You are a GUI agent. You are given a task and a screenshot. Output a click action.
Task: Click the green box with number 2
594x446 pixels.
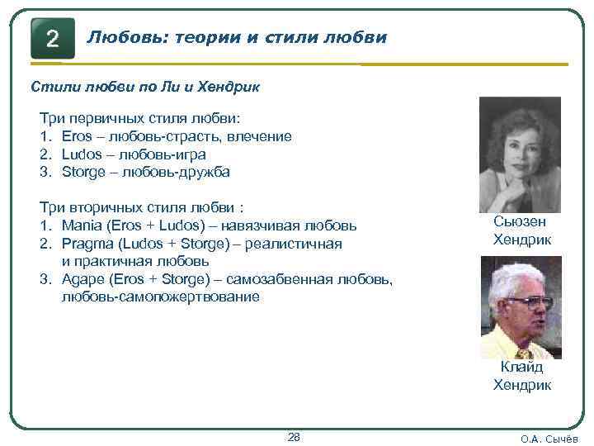(x=52, y=39)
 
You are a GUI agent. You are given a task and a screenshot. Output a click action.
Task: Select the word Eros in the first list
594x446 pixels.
(x=78, y=136)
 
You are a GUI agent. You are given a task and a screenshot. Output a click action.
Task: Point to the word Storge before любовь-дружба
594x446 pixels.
(x=86, y=173)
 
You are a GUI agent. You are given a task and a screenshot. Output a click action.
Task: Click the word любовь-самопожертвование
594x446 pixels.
(x=160, y=297)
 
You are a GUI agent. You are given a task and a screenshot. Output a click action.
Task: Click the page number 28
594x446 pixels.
(x=293, y=436)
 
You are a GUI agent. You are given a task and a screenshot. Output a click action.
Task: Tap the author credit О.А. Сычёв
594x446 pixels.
(x=550, y=439)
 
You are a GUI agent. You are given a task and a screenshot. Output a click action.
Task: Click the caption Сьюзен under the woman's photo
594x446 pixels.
(x=520, y=221)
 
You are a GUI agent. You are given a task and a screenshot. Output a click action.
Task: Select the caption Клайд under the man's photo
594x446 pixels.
(x=521, y=368)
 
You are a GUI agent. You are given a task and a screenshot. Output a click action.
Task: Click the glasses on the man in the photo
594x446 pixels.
(x=528, y=301)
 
